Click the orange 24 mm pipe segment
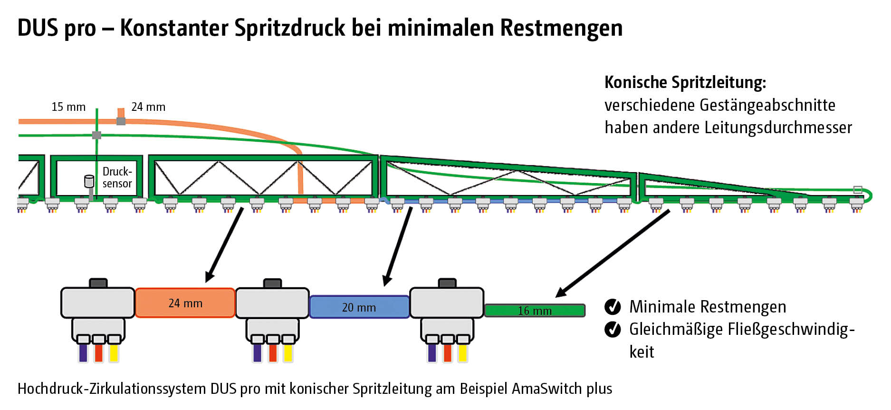pyautogui.click(x=185, y=303)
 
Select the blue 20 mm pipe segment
pyautogui.click(x=359, y=307)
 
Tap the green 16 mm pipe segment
pyautogui.click(x=535, y=311)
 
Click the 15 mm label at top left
pyautogui.click(x=68, y=107)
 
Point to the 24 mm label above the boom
pyautogui.click(x=148, y=107)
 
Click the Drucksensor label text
pyautogui.click(x=117, y=177)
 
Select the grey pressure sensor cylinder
pyautogui.click(x=89, y=181)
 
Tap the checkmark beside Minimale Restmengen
pyautogui.click(x=613, y=307)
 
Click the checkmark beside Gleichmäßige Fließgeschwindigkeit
pyautogui.click(x=613, y=329)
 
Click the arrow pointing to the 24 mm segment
pyautogui.click(x=225, y=244)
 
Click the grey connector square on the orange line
pyautogui.click(x=121, y=121)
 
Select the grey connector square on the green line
pyautogui.click(x=96, y=135)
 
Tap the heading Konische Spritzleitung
pyautogui.click(x=685, y=83)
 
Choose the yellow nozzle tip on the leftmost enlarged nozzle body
pyautogui.click(x=114, y=352)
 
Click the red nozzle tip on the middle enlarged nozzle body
pyautogui.click(x=273, y=352)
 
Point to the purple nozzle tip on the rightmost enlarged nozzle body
pyautogui.click(x=432, y=352)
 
